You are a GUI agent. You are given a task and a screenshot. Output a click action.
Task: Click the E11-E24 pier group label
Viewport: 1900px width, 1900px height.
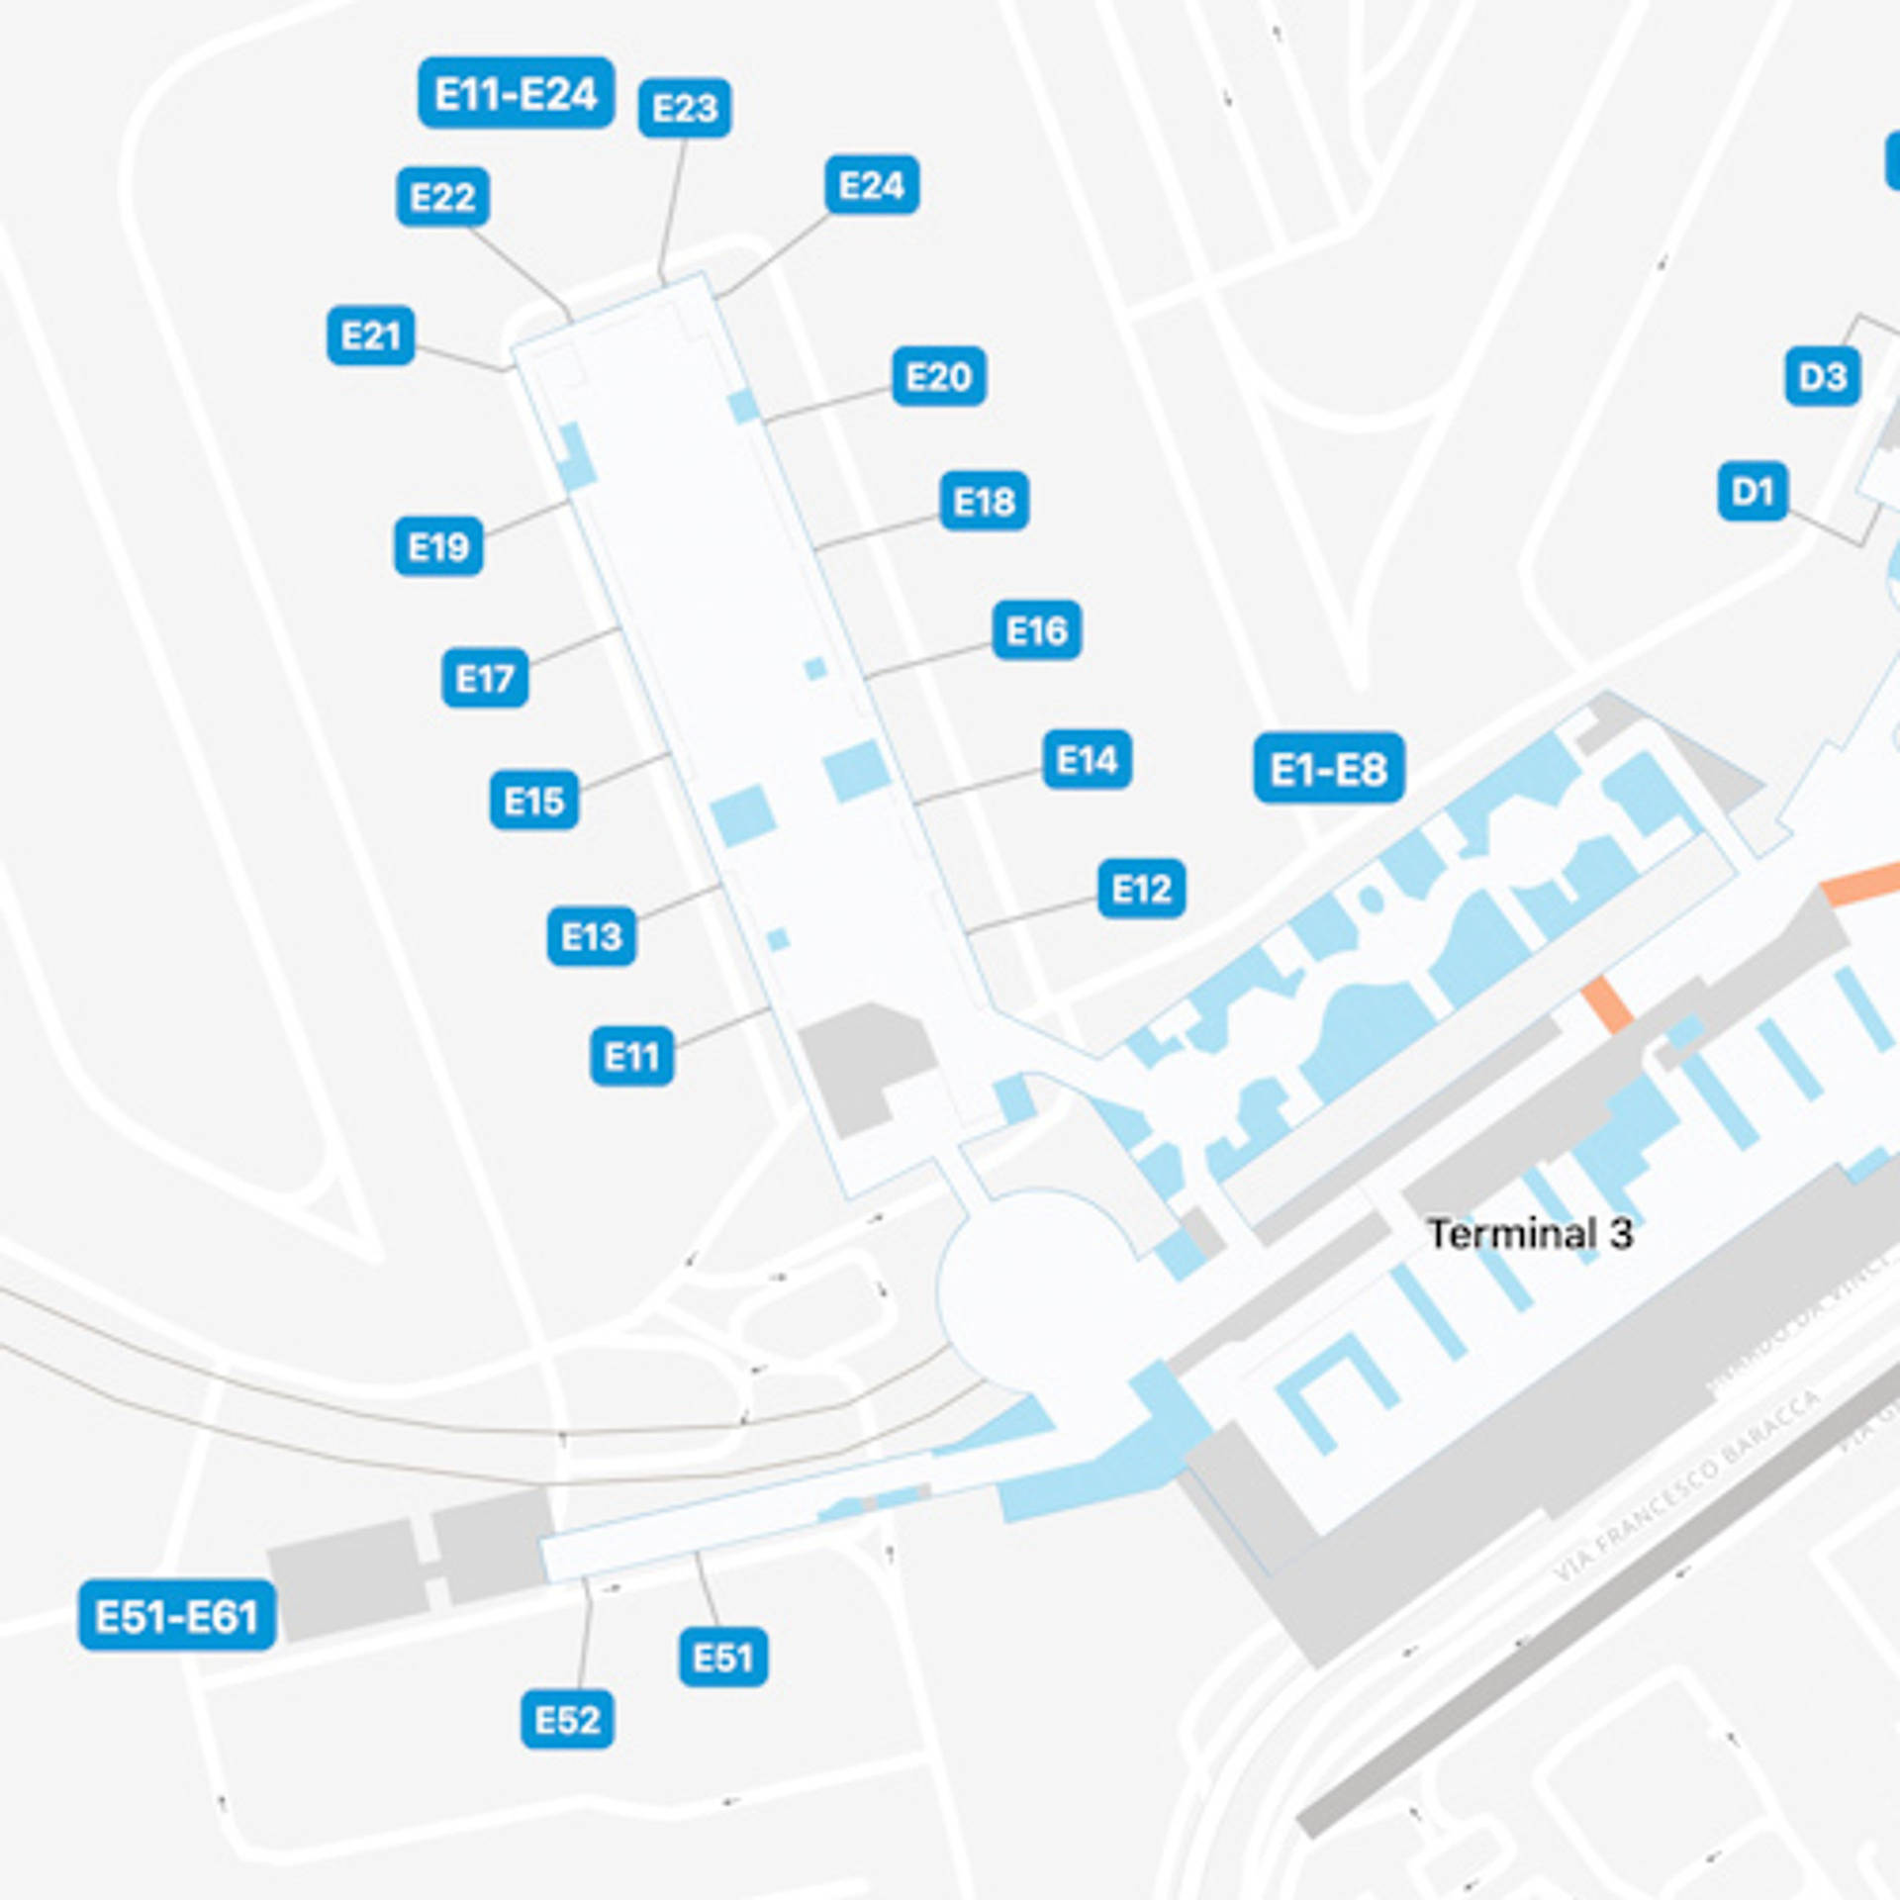point(516,93)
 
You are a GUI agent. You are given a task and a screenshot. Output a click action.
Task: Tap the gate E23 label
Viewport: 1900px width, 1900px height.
point(684,107)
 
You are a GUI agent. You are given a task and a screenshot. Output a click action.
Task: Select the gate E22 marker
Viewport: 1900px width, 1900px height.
point(442,197)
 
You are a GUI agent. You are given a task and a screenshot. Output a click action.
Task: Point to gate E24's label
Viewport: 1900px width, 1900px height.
point(871,185)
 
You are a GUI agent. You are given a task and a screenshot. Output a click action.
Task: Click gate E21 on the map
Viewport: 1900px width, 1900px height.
point(370,335)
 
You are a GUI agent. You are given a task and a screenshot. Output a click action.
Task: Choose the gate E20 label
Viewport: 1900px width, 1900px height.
point(938,376)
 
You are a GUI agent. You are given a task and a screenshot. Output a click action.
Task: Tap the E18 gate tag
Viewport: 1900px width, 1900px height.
point(984,502)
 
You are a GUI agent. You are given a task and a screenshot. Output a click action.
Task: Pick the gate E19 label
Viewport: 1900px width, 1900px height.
point(438,546)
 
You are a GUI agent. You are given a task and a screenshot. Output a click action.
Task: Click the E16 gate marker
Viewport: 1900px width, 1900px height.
point(1036,630)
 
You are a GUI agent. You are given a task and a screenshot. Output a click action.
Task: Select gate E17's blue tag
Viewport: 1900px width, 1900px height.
point(484,678)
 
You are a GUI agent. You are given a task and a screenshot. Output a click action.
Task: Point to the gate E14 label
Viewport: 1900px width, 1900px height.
point(1087,760)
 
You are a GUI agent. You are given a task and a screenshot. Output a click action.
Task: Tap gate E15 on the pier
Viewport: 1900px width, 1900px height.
point(533,800)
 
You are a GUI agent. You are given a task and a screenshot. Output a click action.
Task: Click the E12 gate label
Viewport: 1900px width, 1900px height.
point(1141,889)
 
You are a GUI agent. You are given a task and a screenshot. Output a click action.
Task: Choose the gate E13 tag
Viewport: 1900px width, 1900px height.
point(591,935)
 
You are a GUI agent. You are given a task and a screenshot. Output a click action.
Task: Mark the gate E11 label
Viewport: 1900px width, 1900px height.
point(631,1057)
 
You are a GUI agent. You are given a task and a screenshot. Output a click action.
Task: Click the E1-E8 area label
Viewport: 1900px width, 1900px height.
point(1328,768)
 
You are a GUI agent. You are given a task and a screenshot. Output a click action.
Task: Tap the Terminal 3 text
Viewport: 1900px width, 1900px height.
point(1529,1234)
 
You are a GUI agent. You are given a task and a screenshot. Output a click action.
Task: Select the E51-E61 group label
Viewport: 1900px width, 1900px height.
point(177,1616)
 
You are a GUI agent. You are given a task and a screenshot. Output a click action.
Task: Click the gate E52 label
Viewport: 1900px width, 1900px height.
point(567,1720)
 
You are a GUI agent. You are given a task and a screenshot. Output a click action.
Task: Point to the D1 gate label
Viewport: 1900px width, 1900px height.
point(1752,491)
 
